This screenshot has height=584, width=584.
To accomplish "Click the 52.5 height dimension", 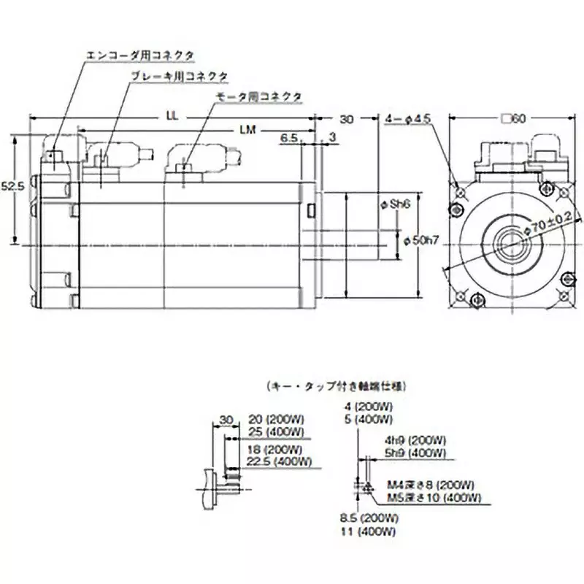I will point(14,186).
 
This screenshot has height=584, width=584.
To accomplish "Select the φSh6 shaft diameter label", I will point(397,205).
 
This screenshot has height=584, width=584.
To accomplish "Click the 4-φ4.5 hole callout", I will point(409,119).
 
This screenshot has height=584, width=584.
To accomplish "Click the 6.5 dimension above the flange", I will point(289,137).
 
